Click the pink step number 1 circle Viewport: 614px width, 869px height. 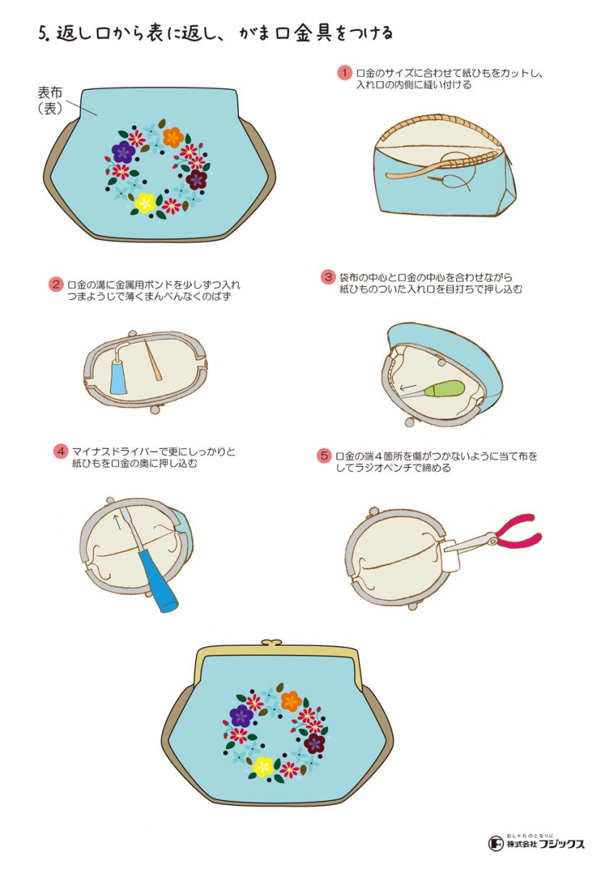click(344, 73)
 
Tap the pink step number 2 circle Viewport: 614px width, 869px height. click(56, 285)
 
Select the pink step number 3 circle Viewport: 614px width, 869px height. click(328, 277)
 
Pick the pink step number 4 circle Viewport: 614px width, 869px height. click(61, 452)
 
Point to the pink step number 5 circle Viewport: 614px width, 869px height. click(324, 456)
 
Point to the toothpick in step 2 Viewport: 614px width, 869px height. click(153, 361)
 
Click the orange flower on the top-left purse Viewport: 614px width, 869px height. click(173, 137)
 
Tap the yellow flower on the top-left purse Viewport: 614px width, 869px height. click(145, 203)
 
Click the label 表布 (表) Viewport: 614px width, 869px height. click(50, 101)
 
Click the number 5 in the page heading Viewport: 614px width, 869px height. click(43, 34)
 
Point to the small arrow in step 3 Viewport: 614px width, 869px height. click(408, 387)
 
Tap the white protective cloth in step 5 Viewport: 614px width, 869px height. click(450, 555)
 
